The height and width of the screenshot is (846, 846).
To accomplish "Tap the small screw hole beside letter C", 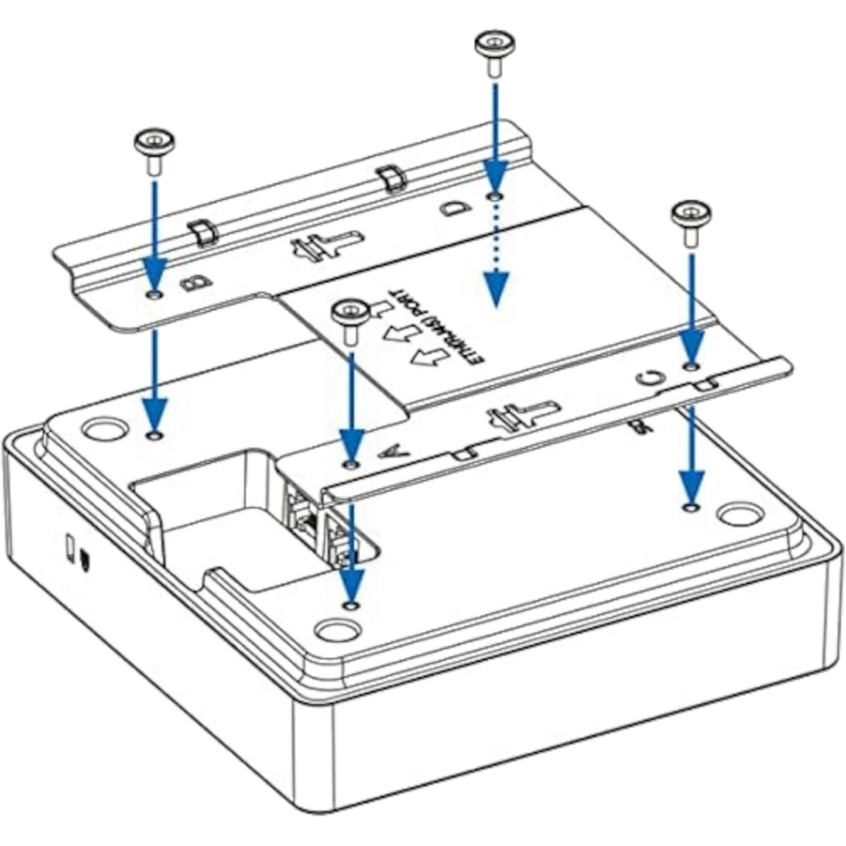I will coord(691,367).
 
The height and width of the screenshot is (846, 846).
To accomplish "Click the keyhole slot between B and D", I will coord(324,245).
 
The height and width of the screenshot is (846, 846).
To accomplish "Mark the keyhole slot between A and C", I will coord(523,413).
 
